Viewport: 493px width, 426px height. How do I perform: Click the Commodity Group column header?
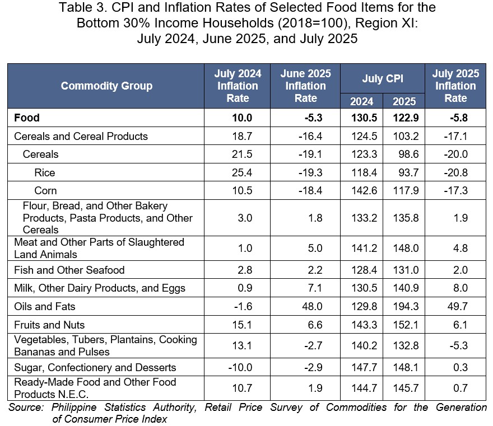tap(106, 86)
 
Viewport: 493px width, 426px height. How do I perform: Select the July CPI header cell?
tap(382, 78)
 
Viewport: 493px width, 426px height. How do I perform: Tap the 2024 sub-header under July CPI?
tap(361, 101)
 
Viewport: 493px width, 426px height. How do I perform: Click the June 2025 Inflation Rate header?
tap(306, 86)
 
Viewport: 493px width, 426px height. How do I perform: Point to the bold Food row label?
tap(27, 118)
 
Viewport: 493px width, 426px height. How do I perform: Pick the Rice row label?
tap(45, 172)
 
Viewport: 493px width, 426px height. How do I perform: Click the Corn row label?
tap(45, 191)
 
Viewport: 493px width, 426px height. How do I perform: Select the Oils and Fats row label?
tap(45, 306)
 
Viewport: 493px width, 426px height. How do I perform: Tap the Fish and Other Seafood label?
tap(69, 270)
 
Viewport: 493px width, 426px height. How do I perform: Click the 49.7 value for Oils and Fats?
tap(458, 306)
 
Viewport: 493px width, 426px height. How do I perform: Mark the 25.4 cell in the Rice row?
tap(242, 172)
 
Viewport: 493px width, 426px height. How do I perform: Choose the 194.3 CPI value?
tap(406, 306)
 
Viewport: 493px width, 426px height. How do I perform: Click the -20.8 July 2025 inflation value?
tap(455, 172)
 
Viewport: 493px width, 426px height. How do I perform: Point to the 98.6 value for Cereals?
tap(408, 155)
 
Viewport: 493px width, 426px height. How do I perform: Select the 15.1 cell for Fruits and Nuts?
tap(242, 325)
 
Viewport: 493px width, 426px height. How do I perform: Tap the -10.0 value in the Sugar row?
tap(240, 367)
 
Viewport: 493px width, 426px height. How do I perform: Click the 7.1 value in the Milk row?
tap(315, 288)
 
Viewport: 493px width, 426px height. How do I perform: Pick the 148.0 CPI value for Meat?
tap(406, 248)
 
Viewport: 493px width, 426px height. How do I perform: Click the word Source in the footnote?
tap(26, 407)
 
